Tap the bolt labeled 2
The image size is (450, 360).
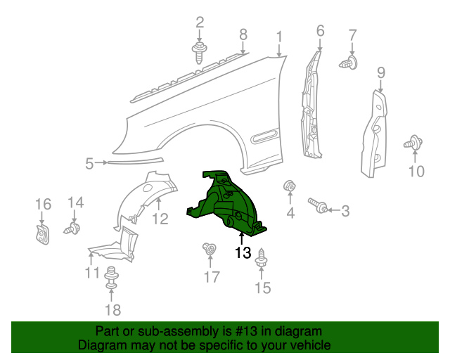point(200,53)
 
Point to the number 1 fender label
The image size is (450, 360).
point(279,36)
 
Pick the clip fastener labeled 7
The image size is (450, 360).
point(349,63)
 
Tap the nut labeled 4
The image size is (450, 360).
point(288,187)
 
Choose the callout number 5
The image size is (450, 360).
point(89,164)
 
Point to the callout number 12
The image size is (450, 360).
point(160,219)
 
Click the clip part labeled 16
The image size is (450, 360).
point(42,232)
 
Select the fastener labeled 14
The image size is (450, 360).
point(73,229)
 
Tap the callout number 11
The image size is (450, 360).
point(92,272)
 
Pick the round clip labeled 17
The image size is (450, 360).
point(209,249)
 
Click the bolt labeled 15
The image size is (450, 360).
point(262,258)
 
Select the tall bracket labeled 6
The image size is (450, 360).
point(310,105)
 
